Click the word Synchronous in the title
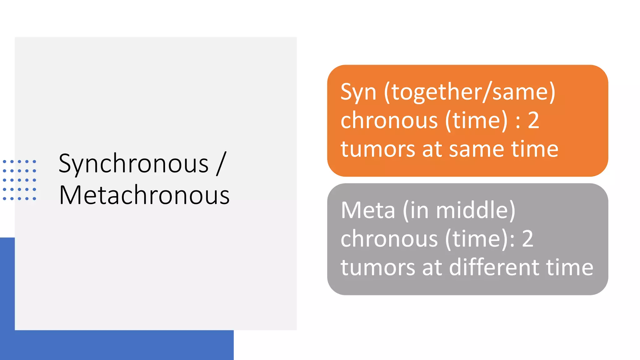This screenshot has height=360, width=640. click(x=133, y=163)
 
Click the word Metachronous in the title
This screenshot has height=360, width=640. click(x=144, y=195)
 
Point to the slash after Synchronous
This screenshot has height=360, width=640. click(x=221, y=163)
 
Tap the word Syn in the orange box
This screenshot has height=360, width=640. click(x=358, y=92)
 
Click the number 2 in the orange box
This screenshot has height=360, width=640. click(x=533, y=120)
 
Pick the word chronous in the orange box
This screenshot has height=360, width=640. click(x=389, y=120)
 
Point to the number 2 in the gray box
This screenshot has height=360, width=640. click(x=527, y=239)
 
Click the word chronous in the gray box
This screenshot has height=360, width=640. click(x=389, y=239)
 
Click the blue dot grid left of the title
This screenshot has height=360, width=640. click(x=19, y=180)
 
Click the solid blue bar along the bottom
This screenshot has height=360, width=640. click(x=117, y=345)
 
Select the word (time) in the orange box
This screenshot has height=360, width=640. click(x=476, y=120)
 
